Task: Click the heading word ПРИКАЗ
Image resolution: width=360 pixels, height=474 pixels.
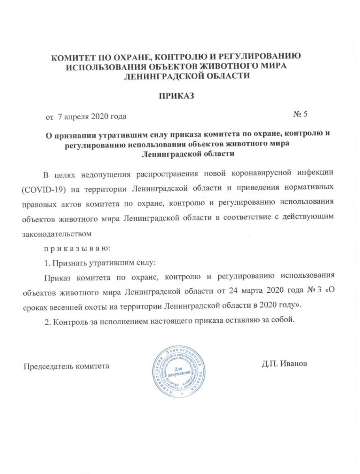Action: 177,96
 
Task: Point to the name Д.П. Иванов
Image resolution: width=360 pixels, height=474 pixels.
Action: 283,363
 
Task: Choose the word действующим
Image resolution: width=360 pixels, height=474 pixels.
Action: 307,218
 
